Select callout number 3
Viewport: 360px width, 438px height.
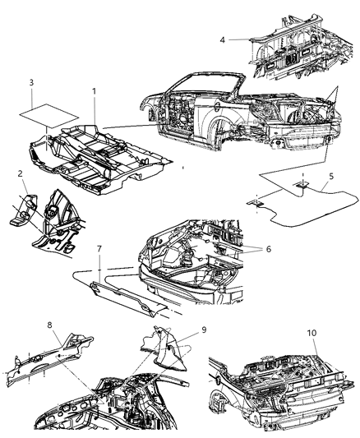point(31,83)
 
